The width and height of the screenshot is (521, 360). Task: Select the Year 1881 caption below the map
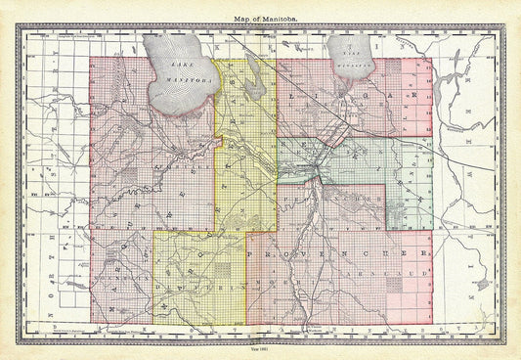tap(260, 351)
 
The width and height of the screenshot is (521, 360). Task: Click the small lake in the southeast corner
tap(478, 283)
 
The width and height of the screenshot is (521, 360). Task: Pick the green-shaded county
tap(342, 157)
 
